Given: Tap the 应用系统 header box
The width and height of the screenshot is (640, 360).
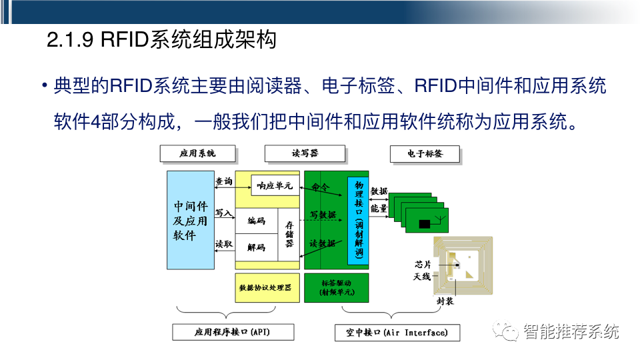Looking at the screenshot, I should [197, 153].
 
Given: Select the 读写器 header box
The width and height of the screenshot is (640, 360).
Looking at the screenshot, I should [305, 153].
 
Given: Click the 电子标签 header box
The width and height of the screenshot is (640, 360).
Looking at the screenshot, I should [425, 153].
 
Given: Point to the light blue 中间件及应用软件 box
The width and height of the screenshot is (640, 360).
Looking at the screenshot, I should [191, 220].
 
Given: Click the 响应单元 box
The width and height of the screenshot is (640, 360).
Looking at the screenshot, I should [275, 186].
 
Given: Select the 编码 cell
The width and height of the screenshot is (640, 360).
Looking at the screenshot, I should [256, 221].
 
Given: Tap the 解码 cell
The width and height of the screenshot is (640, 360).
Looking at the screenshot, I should [256, 247].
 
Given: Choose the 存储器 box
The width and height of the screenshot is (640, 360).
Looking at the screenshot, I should [289, 234].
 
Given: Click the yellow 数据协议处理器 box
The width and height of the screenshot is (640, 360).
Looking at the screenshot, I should [266, 287].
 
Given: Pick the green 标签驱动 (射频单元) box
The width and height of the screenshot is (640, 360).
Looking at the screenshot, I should [337, 287].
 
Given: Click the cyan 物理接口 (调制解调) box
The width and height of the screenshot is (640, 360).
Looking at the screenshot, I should [358, 220].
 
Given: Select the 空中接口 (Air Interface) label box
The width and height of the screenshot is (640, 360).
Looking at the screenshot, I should [397, 332].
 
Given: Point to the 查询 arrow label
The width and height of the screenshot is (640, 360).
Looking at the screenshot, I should [224, 181].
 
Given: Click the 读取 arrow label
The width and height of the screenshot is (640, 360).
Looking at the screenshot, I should [224, 245].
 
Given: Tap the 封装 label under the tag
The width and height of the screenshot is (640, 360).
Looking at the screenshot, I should [445, 302].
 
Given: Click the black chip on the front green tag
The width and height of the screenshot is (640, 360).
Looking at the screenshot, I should [424, 224].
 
